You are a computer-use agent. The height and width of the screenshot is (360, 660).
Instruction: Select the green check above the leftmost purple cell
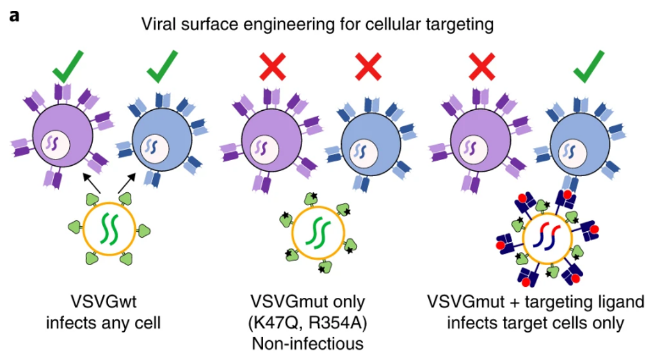point(68,67)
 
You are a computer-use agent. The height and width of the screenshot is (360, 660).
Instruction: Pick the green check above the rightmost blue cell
point(588,67)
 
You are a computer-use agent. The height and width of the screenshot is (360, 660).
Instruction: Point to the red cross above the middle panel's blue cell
point(370,67)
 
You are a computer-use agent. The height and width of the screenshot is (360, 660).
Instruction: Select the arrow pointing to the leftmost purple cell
point(90,184)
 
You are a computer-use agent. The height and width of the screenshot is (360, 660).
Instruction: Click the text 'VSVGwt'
point(103,300)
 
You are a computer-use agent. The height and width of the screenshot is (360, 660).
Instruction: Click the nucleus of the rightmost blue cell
point(569,152)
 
